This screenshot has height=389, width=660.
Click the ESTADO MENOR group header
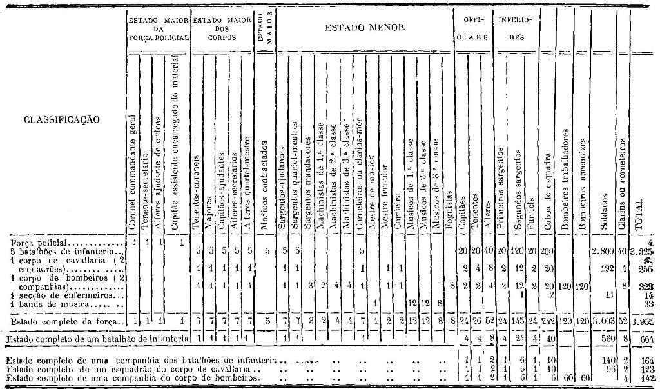tap(364, 28)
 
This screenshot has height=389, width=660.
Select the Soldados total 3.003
tap(602, 321)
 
